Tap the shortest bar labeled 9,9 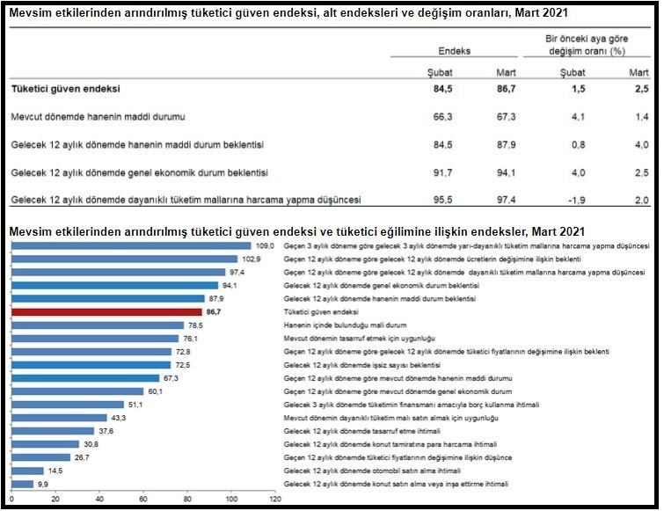click(x=21, y=484)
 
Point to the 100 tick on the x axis click(x=232, y=498)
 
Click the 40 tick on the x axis click(x=99, y=498)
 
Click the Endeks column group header click(x=454, y=52)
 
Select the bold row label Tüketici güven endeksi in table click(x=66, y=89)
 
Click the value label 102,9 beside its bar click(x=252, y=259)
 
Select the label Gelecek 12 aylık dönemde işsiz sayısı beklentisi click(x=361, y=364)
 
